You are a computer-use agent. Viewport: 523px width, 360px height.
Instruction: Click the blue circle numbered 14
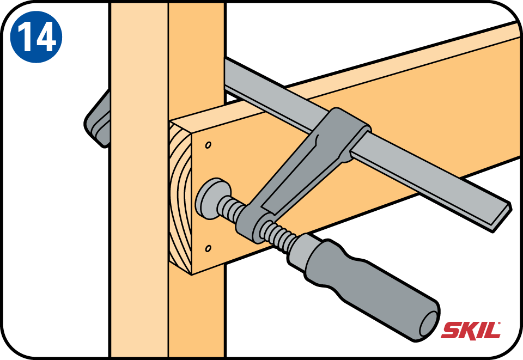coord(36,36)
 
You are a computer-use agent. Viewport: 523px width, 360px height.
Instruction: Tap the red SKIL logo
coord(471,331)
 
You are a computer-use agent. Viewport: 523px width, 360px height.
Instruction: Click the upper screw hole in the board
coord(208,145)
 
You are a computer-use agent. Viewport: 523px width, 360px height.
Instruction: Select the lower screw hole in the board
coord(208,248)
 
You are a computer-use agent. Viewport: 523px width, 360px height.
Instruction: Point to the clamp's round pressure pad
coord(212,198)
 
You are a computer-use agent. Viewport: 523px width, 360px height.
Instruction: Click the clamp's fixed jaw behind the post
coord(98,119)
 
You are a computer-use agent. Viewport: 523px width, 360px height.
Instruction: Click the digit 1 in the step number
coord(25,37)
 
